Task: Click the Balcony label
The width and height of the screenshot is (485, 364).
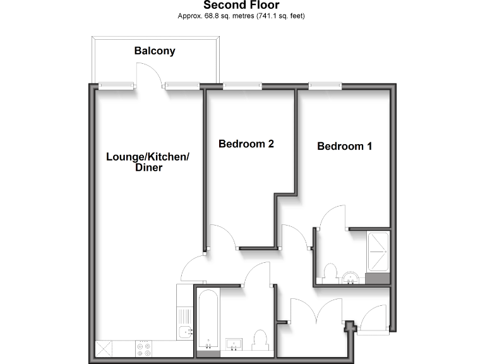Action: click(x=155, y=51)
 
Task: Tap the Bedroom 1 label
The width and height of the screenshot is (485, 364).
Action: click(x=344, y=146)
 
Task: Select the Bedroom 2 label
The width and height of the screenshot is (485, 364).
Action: click(x=246, y=143)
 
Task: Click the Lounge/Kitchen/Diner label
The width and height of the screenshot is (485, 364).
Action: click(x=147, y=162)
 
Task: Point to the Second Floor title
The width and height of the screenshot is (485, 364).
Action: click(x=241, y=6)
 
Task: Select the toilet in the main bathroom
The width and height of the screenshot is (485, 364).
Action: click(x=260, y=340)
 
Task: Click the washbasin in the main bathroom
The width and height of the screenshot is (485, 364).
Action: click(x=235, y=344)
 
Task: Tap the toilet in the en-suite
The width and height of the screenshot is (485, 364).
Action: click(x=328, y=273)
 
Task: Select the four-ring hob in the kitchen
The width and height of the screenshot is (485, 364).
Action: click(x=143, y=348)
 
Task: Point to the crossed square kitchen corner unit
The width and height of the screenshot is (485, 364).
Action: click(x=104, y=348)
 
